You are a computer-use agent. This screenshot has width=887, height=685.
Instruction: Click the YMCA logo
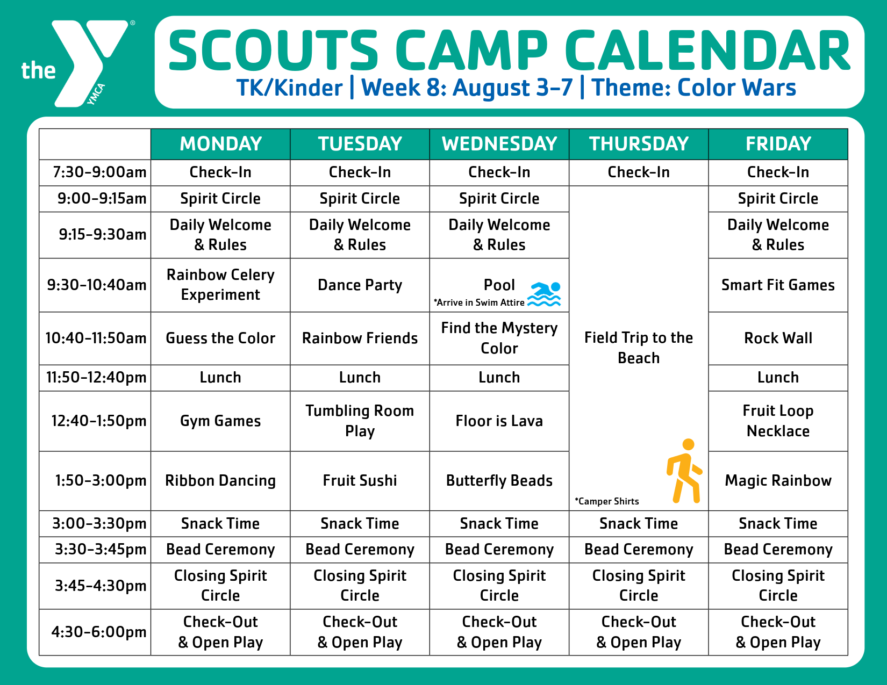77,63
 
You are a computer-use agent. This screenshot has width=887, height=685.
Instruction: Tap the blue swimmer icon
544,294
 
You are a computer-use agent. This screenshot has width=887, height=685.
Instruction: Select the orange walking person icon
684,471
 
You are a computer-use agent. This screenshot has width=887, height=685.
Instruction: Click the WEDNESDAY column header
499,144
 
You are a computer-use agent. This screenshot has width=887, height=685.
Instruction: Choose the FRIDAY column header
778,144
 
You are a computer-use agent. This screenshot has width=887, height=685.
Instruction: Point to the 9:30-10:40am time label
97,285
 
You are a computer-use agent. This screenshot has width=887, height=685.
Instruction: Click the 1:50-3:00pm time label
101,481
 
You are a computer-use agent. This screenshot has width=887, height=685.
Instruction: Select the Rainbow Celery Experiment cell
220,285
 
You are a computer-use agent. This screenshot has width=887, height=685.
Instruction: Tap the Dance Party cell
360,285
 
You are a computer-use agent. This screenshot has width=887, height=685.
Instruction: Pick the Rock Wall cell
778,338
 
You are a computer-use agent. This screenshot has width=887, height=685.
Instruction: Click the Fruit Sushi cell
360,481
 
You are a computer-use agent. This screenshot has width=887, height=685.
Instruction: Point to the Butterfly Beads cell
499,481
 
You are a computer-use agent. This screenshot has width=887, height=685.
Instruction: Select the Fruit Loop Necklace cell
778,421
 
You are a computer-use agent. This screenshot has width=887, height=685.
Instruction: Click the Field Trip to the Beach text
639,348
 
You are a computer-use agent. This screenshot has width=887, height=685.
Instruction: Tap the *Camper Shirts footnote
606,501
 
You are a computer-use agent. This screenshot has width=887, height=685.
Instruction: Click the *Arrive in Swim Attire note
479,302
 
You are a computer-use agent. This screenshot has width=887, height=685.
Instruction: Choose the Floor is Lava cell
499,421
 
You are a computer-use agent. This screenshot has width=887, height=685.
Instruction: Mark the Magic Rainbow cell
778,481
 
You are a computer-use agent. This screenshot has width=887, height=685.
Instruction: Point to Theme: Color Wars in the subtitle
693,88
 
